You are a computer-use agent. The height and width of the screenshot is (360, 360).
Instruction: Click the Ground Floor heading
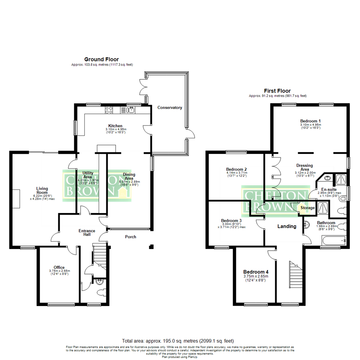click(x=101, y=59)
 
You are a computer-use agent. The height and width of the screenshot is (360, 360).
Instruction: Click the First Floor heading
click(x=277, y=91)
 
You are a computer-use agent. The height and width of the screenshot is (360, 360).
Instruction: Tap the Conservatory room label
click(x=170, y=108)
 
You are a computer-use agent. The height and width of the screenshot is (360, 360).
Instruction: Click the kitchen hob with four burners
click(x=110, y=109)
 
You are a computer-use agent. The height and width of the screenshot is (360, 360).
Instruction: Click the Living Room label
click(x=42, y=190)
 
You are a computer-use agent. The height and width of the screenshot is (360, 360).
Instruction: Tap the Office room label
click(x=59, y=267)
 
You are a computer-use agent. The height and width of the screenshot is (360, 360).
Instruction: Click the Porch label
click(x=130, y=237)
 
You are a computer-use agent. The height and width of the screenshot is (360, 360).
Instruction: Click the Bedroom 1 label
click(x=310, y=121)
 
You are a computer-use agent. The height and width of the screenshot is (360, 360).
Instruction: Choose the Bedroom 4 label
click(x=256, y=271)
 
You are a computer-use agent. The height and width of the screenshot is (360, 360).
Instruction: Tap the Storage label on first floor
click(x=307, y=208)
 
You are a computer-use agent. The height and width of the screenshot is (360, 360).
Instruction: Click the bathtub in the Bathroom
click(x=333, y=240)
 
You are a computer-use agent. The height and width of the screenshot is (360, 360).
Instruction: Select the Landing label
click(x=287, y=226)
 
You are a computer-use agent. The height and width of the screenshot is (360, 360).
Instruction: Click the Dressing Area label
click(x=304, y=167)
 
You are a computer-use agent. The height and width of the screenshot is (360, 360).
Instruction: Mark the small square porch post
click(x=151, y=247)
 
